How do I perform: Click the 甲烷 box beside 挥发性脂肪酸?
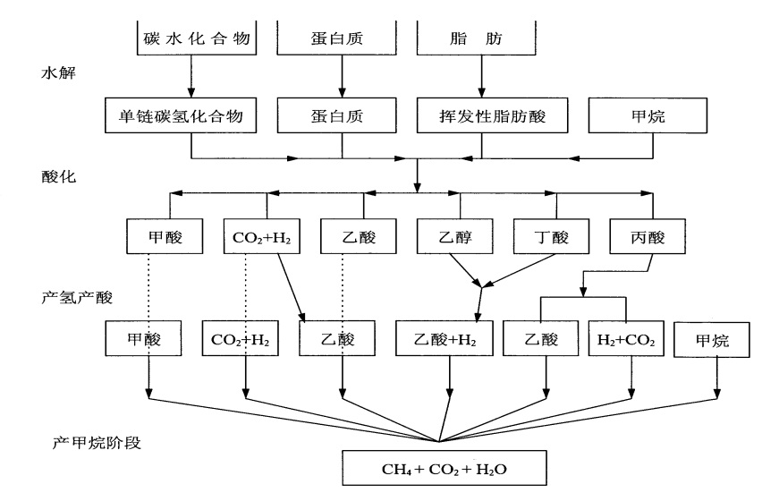click(648, 117)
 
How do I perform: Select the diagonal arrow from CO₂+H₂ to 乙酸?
click(294, 286)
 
